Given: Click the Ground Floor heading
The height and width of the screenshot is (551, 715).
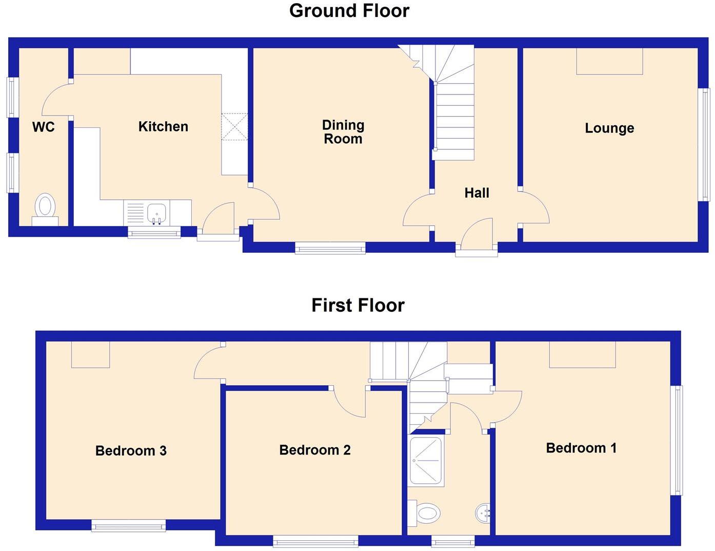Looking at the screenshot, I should [349, 11].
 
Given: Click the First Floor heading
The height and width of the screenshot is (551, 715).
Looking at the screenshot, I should [358, 306].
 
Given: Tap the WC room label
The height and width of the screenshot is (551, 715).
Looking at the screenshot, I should [43, 127].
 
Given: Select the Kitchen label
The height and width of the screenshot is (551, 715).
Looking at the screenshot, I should [163, 126].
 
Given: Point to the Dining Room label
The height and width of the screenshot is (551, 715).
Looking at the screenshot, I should [343, 132].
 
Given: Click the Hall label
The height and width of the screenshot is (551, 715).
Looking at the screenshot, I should [476, 193].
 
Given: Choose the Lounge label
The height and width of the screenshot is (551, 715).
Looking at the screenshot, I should [609, 128].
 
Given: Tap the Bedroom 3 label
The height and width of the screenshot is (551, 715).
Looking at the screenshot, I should [131, 451].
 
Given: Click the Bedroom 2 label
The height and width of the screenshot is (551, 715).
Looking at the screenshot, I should [315, 450].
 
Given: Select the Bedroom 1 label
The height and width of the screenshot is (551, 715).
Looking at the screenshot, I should [581, 448].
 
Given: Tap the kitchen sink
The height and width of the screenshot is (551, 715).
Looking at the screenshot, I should [156, 212].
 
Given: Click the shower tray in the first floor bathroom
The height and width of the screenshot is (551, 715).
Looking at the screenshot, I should [426, 461].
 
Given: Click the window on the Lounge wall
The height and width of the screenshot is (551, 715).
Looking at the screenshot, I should [706, 145].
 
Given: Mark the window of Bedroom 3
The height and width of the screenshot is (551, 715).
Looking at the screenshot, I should [129, 525].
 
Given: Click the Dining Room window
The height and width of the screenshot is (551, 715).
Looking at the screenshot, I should [330, 249].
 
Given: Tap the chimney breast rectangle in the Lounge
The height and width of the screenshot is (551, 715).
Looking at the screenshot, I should [609, 61].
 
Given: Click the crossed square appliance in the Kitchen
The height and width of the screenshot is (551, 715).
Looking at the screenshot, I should [234, 126].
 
